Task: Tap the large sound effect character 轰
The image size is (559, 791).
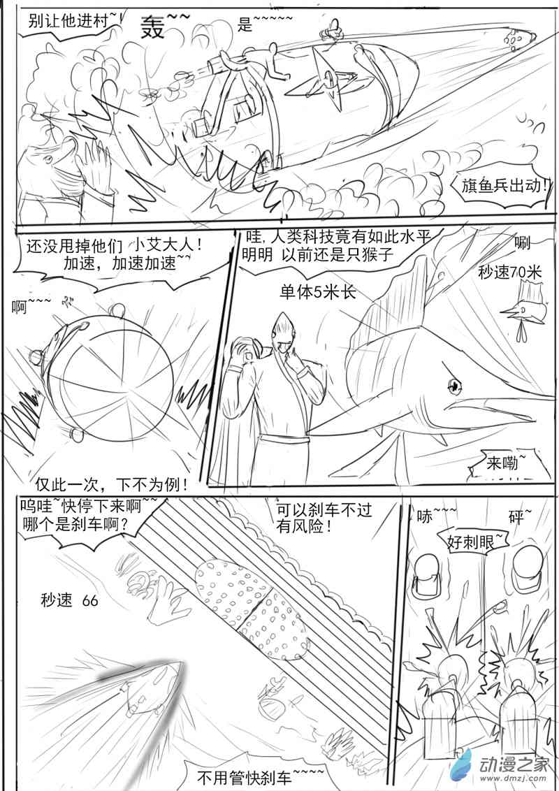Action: [x=153, y=27]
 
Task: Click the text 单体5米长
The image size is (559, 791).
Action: [x=319, y=292]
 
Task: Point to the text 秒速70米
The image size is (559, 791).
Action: [x=509, y=273]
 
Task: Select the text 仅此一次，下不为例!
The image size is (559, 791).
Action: [x=112, y=485]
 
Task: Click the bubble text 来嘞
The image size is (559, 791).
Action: [x=502, y=462]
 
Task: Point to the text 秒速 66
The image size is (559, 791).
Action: [x=70, y=600]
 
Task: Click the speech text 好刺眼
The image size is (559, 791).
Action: [x=471, y=542]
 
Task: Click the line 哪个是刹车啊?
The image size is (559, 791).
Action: [x=75, y=524]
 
